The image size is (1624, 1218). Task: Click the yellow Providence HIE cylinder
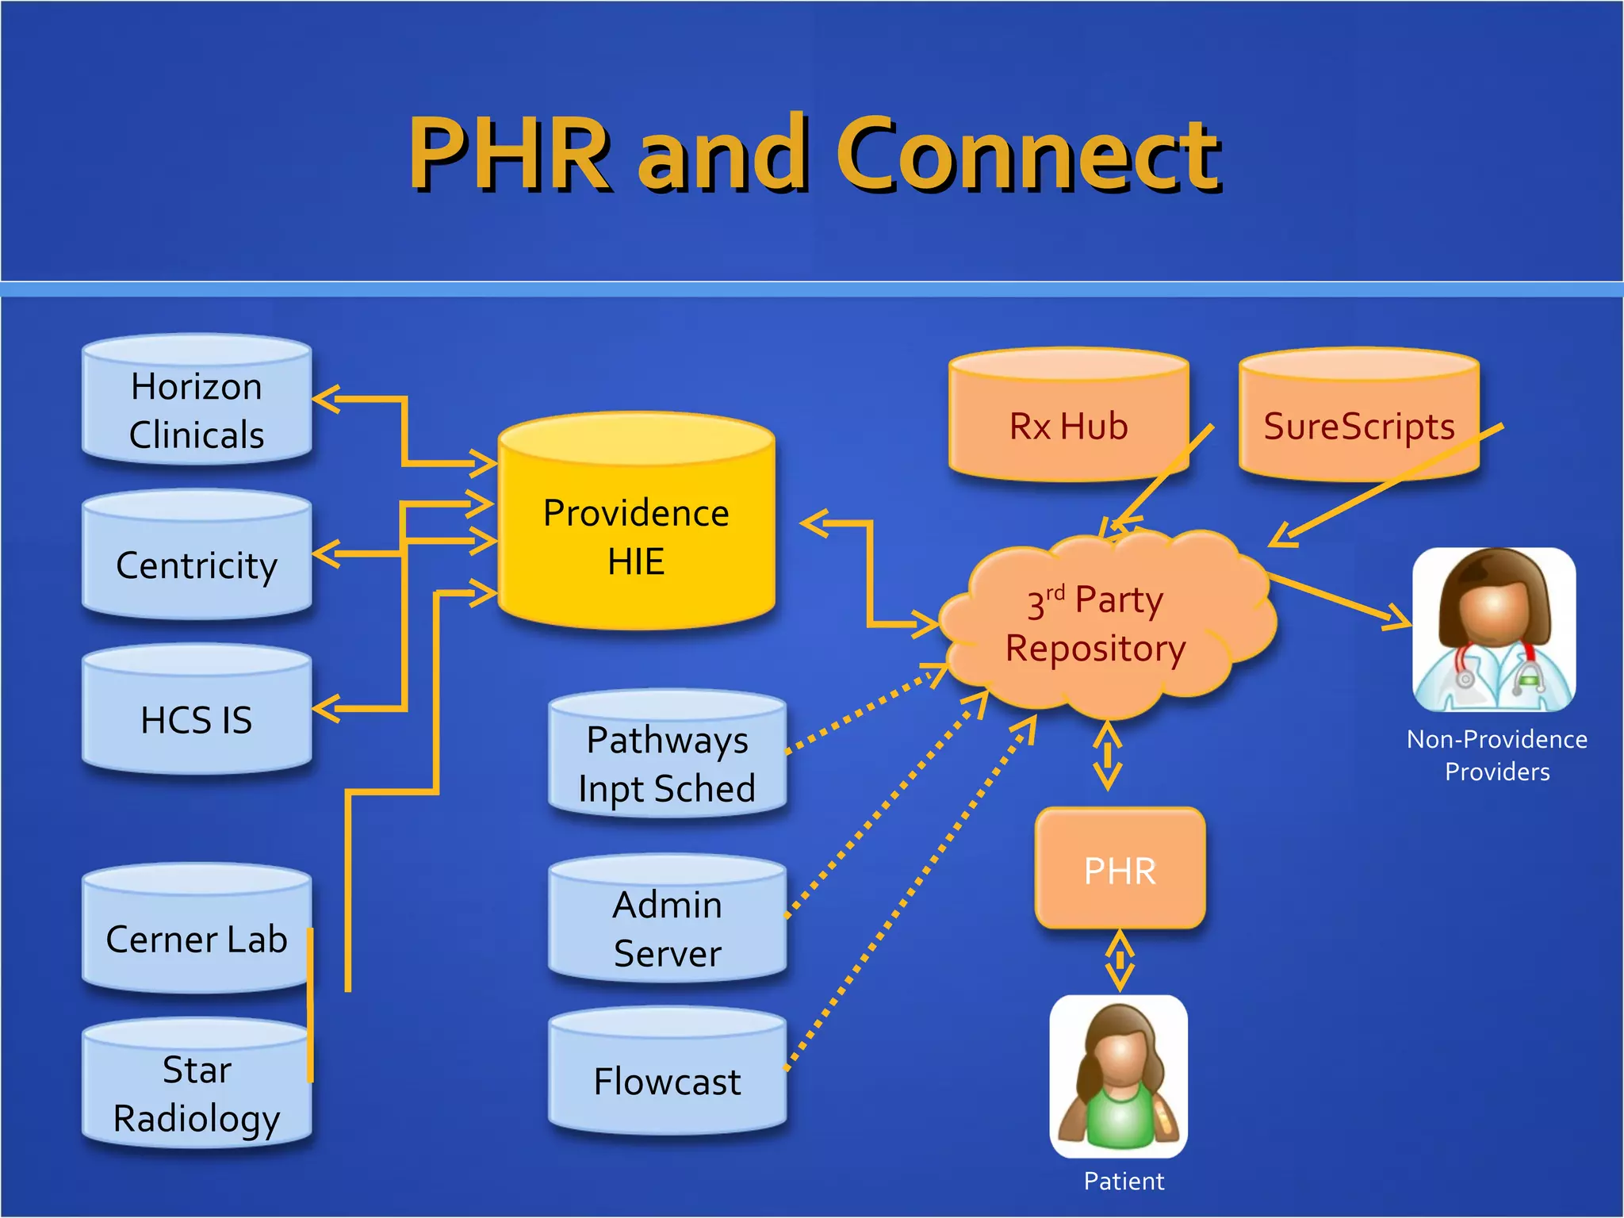(x=636, y=527)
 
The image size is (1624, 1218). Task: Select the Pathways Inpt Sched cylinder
(x=667, y=757)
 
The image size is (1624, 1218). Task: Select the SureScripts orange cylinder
(x=1358, y=420)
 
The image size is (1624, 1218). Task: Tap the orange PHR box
(x=1120, y=870)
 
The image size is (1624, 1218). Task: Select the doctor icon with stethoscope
(x=1494, y=630)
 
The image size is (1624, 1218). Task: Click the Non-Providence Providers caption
(x=1496, y=755)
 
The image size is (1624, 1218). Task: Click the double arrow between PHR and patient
(x=1119, y=961)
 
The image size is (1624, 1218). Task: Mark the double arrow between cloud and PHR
(x=1107, y=756)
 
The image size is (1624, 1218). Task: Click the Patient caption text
(x=1124, y=1181)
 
